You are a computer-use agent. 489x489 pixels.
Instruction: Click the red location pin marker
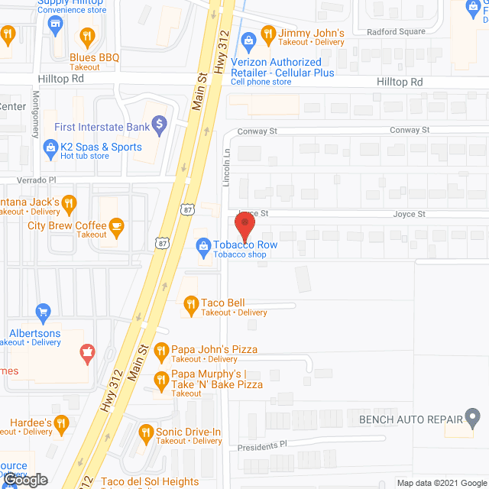(x=244, y=228)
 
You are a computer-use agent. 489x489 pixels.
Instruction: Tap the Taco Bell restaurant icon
(x=190, y=307)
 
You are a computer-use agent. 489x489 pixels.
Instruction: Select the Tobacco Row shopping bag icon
(x=203, y=245)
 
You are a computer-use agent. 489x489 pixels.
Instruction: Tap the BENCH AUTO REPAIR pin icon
(x=473, y=419)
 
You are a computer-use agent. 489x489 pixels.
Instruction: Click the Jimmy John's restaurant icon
(x=267, y=34)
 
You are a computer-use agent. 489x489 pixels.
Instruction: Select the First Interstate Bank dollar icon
(x=159, y=122)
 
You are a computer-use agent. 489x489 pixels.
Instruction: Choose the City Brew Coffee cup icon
(x=116, y=225)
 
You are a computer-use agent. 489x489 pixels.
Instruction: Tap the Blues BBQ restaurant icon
(x=88, y=35)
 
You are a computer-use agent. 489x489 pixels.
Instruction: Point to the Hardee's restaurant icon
(x=63, y=423)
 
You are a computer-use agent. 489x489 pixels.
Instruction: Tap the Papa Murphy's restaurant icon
(x=160, y=379)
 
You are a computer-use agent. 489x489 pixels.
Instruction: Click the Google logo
(x=24, y=480)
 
